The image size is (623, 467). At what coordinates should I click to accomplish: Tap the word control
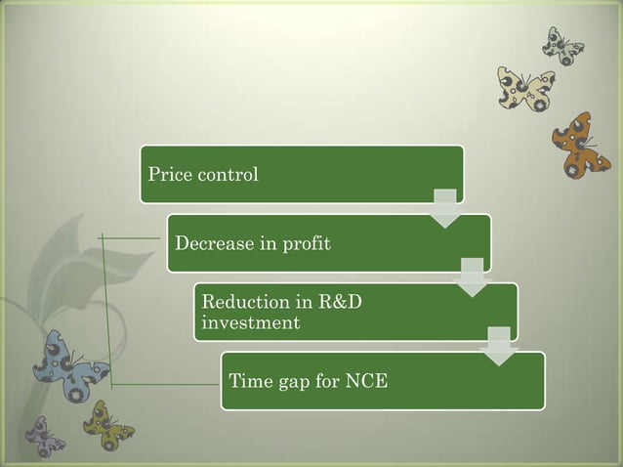click(x=227, y=175)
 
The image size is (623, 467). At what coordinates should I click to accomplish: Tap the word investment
click(x=250, y=322)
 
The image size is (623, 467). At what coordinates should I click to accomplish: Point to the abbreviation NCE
click(x=367, y=380)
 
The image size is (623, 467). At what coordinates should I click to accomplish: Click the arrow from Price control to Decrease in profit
click(x=444, y=208)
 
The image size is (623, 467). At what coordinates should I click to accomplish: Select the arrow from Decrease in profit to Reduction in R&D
click(x=472, y=276)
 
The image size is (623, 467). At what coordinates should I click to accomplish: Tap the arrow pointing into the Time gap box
click(x=499, y=346)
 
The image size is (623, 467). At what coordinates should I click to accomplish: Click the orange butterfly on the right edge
click(x=580, y=145)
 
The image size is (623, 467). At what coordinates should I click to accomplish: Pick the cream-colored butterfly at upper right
click(x=526, y=89)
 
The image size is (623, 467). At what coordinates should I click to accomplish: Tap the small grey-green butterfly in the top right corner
click(x=563, y=45)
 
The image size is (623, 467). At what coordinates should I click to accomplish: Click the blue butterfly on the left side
click(x=70, y=366)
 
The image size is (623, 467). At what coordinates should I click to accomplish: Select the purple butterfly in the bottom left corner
click(x=44, y=436)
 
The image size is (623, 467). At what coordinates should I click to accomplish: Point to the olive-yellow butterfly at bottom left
click(x=107, y=423)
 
